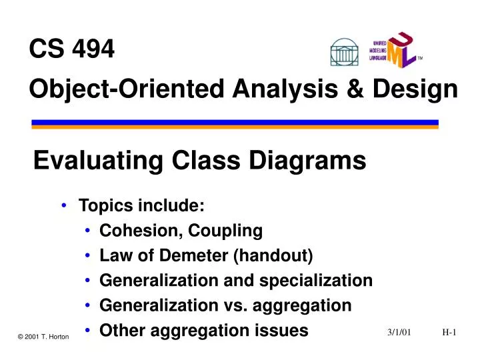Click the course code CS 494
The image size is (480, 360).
coord(72,49)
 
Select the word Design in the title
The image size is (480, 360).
coord(417,89)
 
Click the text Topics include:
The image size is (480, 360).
coord(141,206)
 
